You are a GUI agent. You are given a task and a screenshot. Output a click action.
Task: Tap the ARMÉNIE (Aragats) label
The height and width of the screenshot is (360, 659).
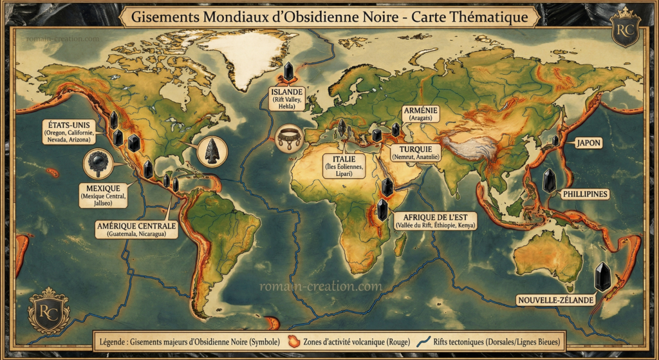pos(421,115)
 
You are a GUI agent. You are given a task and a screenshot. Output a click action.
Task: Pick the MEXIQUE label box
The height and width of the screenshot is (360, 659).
pos(103,195)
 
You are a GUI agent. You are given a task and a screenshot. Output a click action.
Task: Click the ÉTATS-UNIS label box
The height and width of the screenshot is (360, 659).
pos(70,131)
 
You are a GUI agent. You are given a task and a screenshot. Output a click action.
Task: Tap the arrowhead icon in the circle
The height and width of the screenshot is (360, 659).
pos(212,151)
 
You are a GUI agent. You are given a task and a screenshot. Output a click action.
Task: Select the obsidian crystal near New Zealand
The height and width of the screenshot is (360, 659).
pos(602,276)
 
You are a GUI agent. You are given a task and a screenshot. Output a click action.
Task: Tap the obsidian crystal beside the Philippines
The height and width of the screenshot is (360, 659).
pos(549,181)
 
